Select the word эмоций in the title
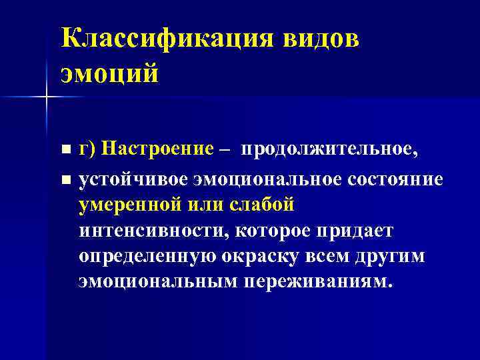pos(110,72)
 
